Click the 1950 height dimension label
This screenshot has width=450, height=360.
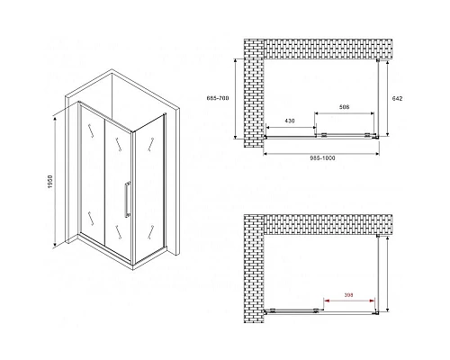(49, 182)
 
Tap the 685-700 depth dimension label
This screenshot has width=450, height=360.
(218, 98)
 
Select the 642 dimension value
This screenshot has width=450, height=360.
(398, 98)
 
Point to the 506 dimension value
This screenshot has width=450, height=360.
(344, 107)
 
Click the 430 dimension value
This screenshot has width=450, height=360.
(290, 121)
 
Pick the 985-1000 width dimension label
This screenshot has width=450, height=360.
(322, 158)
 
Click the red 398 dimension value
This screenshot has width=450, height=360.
(349, 295)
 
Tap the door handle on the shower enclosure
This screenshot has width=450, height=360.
(128, 199)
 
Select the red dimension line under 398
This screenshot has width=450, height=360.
(350, 301)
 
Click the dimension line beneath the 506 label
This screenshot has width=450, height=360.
(344, 113)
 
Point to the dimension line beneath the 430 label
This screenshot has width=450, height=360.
(291, 128)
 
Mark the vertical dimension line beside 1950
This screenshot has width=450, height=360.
(55, 182)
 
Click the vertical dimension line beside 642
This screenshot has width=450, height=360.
(388, 98)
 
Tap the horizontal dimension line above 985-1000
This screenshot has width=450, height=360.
(321, 154)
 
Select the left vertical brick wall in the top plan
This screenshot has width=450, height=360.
(254, 93)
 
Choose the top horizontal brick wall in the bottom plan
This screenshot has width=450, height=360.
(328, 224)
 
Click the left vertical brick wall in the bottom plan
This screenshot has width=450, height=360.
(254, 269)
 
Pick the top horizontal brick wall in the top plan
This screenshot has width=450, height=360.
(328, 49)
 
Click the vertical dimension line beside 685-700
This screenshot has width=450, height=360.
(235, 99)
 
